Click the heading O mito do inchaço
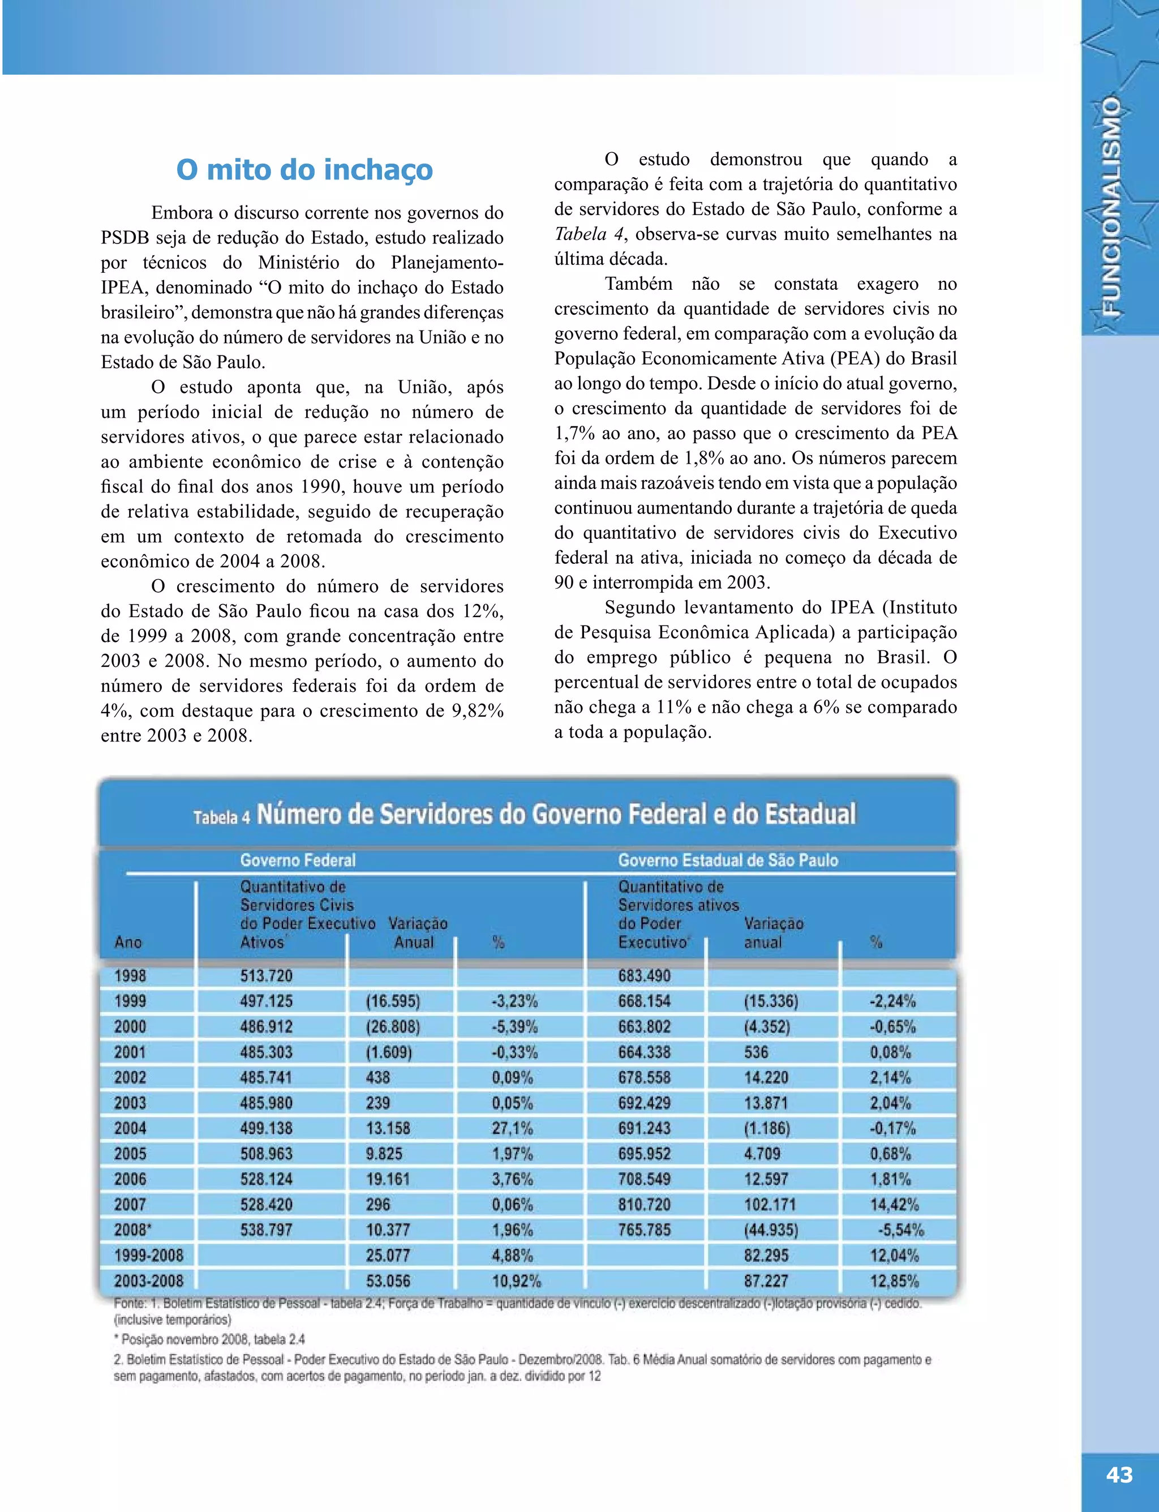pos(304,170)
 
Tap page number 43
pos(1119,1475)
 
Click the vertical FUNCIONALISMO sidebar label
pos(1111,207)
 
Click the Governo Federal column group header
pos(297,860)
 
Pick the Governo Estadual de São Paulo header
pos(728,860)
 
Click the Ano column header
pos(128,942)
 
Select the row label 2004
pos(130,1128)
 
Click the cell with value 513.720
pos(267,976)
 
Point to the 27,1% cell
pos(512,1128)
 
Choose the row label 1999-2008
pos(148,1256)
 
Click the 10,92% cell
pos(516,1282)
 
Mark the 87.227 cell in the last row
pos(766,1282)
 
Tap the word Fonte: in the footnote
pos(129,1304)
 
